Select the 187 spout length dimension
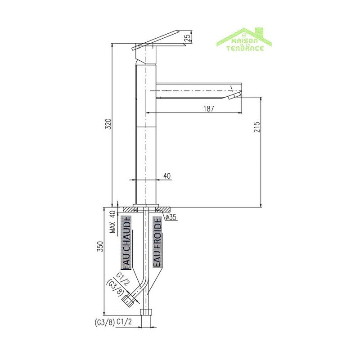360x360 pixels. click(x=208, y=108)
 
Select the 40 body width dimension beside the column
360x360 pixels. click(x=166, y=176)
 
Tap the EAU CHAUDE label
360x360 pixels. click(x=127, y=243)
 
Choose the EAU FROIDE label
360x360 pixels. click(x=157, y=242)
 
